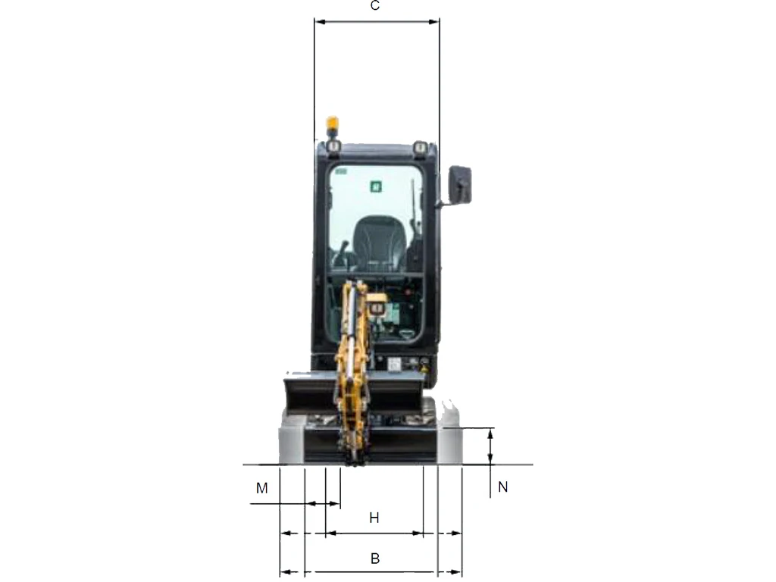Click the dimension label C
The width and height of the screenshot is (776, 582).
coord(375,5)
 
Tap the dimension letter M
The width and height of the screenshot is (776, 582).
coord(261,488)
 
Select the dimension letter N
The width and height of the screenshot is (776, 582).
coord(503,487)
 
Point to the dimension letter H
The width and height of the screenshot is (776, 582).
coord(374,518)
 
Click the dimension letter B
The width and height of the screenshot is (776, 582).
coord(375,559)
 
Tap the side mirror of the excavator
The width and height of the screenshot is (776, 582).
coord(460,185)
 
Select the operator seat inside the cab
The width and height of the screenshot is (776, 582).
coord(380,242)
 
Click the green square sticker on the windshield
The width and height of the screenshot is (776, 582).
coord(376,186)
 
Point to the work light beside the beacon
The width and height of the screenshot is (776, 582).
coord(333,146)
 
